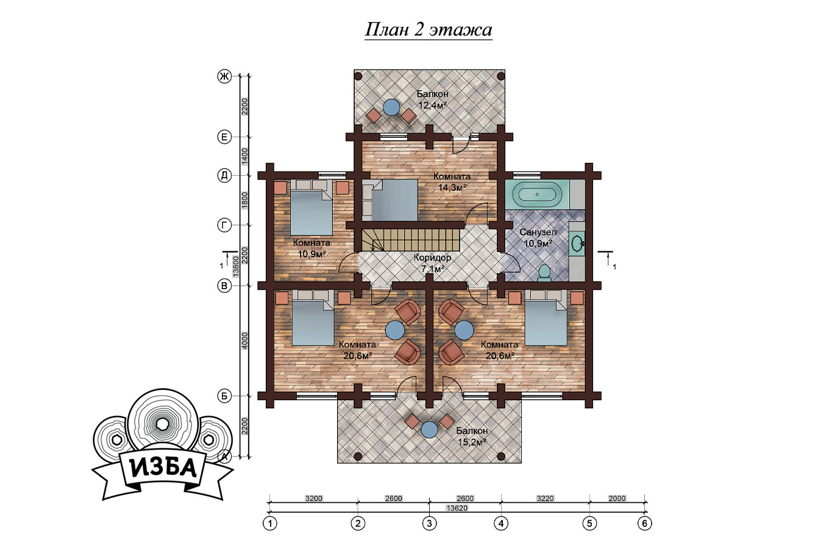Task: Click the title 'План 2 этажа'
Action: [x=429, y=30]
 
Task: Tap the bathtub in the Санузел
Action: [x=537, y=195]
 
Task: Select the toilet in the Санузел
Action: [x=544, y=273]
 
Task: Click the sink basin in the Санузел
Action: [x=577, y=243]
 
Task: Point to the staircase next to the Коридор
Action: [x=411, y=240]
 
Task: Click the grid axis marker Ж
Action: [x=224, y=77]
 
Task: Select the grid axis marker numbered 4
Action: [x=501, y=524]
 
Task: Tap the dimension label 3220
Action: [x=545, y=499]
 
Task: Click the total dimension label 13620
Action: [x=457, y=508]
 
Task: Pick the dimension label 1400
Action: [x=244, y=156]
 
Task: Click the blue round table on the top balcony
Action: [x=391, y=107]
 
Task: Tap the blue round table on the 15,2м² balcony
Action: [x=429, y=430]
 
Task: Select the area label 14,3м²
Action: [x=452, y=187]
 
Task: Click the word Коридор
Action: [x=432, y=257]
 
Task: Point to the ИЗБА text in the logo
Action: [x=163, y=469]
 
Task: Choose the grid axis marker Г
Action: [x=224, y=225]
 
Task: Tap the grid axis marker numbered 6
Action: [x=645, y=524]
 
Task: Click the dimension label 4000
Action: [x=244, y=341]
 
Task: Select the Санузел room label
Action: [x=538, y=232]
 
